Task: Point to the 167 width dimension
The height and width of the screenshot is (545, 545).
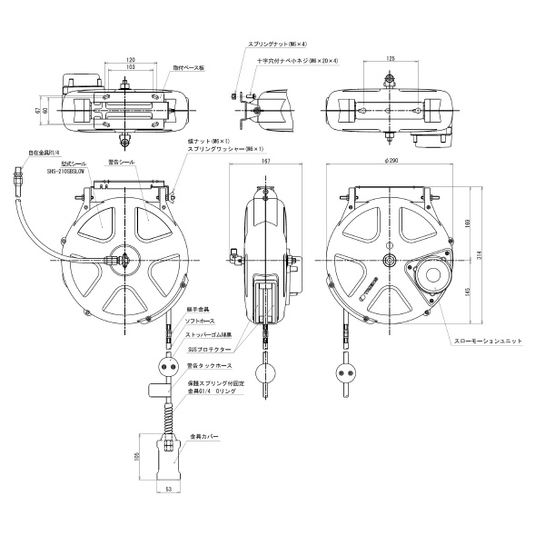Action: [x=263, y=161]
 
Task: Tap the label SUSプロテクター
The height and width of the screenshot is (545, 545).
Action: [x=206, y=347]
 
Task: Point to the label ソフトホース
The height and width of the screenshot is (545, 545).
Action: [x=201, y=322]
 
